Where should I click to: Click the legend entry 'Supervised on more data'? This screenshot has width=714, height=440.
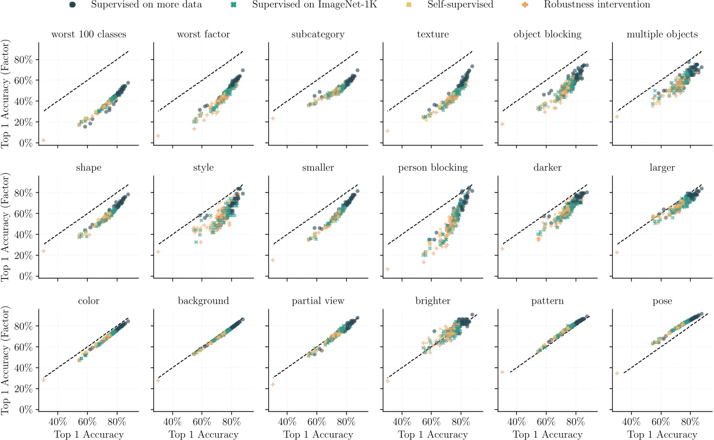click(146, 5)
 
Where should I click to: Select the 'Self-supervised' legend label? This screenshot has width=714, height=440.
click(460, 5)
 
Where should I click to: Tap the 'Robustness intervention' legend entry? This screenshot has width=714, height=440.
click(597, 5)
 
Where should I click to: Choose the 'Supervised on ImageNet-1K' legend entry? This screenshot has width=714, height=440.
click(314, 5)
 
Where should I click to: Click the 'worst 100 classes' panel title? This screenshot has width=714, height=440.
click(89, 35)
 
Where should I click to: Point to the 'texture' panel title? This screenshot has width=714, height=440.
click(432, 35)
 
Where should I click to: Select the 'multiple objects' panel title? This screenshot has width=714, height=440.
click(662, 35)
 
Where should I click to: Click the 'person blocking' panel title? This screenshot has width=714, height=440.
click(432, 168)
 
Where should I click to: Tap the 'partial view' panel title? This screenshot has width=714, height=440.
click(318, 301)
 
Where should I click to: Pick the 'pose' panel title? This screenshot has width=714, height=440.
click(662, 301)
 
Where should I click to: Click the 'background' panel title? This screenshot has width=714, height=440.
click(203, 301)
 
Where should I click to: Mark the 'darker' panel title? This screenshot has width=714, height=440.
click(547, 168)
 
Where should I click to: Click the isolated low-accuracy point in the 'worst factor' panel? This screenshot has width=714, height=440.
click(158, 136)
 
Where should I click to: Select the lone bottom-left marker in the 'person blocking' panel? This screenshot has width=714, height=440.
click(388, 269)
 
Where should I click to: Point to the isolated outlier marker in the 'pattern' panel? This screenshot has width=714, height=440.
click(502, 372)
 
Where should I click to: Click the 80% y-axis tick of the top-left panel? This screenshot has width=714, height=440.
click(24, 60)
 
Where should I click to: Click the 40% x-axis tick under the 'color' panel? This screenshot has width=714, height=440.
click(58, 422)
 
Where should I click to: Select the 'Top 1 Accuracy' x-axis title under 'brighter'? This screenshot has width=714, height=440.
click(432, 435)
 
